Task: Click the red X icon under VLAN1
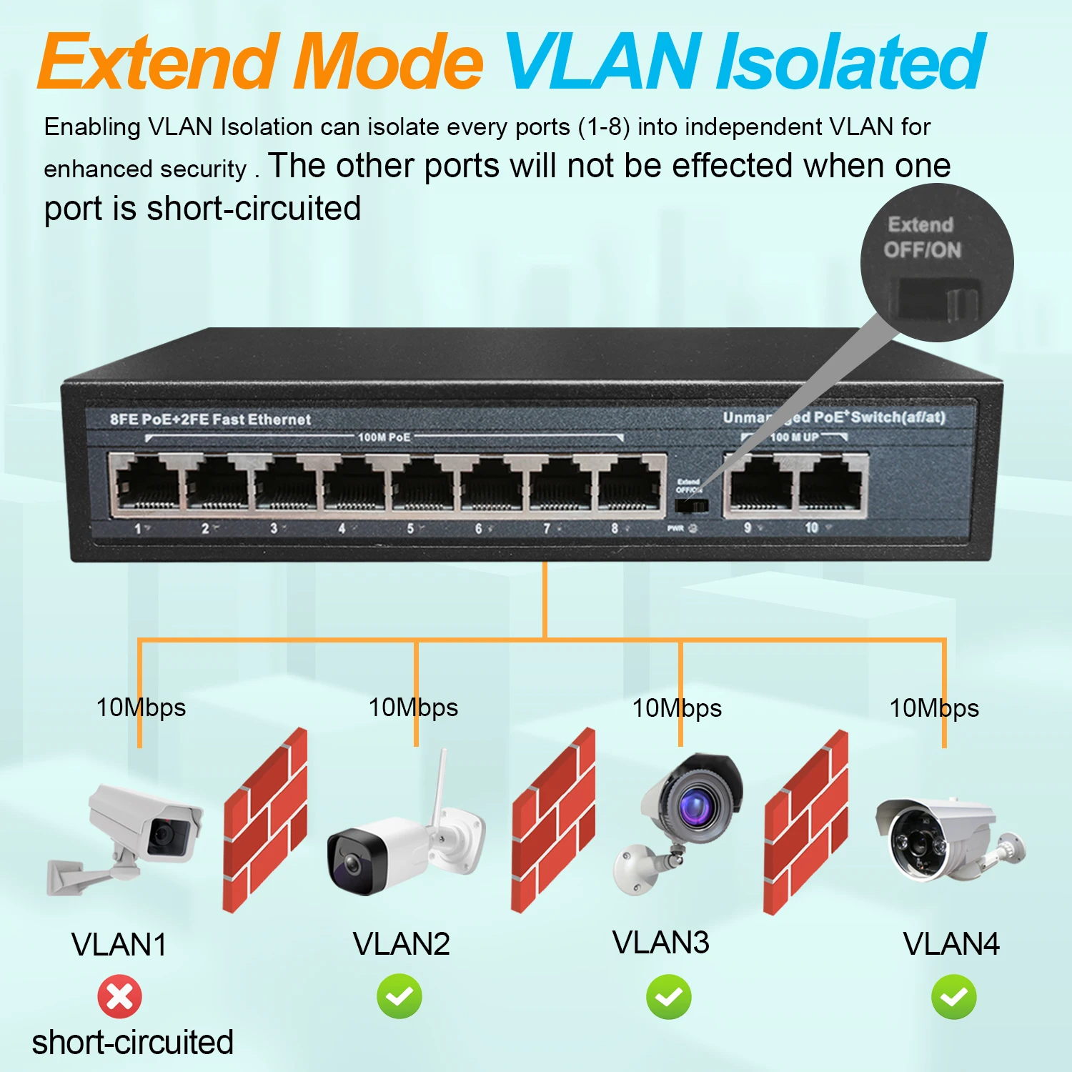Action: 119,996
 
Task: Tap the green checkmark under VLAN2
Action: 399,996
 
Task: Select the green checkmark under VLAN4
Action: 954,996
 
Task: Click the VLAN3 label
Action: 661,943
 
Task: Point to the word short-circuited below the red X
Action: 133,1042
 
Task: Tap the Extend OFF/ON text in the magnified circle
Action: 922,237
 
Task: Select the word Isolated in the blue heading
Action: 850,63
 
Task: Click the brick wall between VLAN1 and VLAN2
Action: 265,820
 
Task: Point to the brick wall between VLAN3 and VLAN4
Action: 805,822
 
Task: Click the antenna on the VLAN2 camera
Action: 441,786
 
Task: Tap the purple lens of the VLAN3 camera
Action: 693,808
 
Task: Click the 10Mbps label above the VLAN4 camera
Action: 933,708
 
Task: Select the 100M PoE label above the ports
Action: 384,437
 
